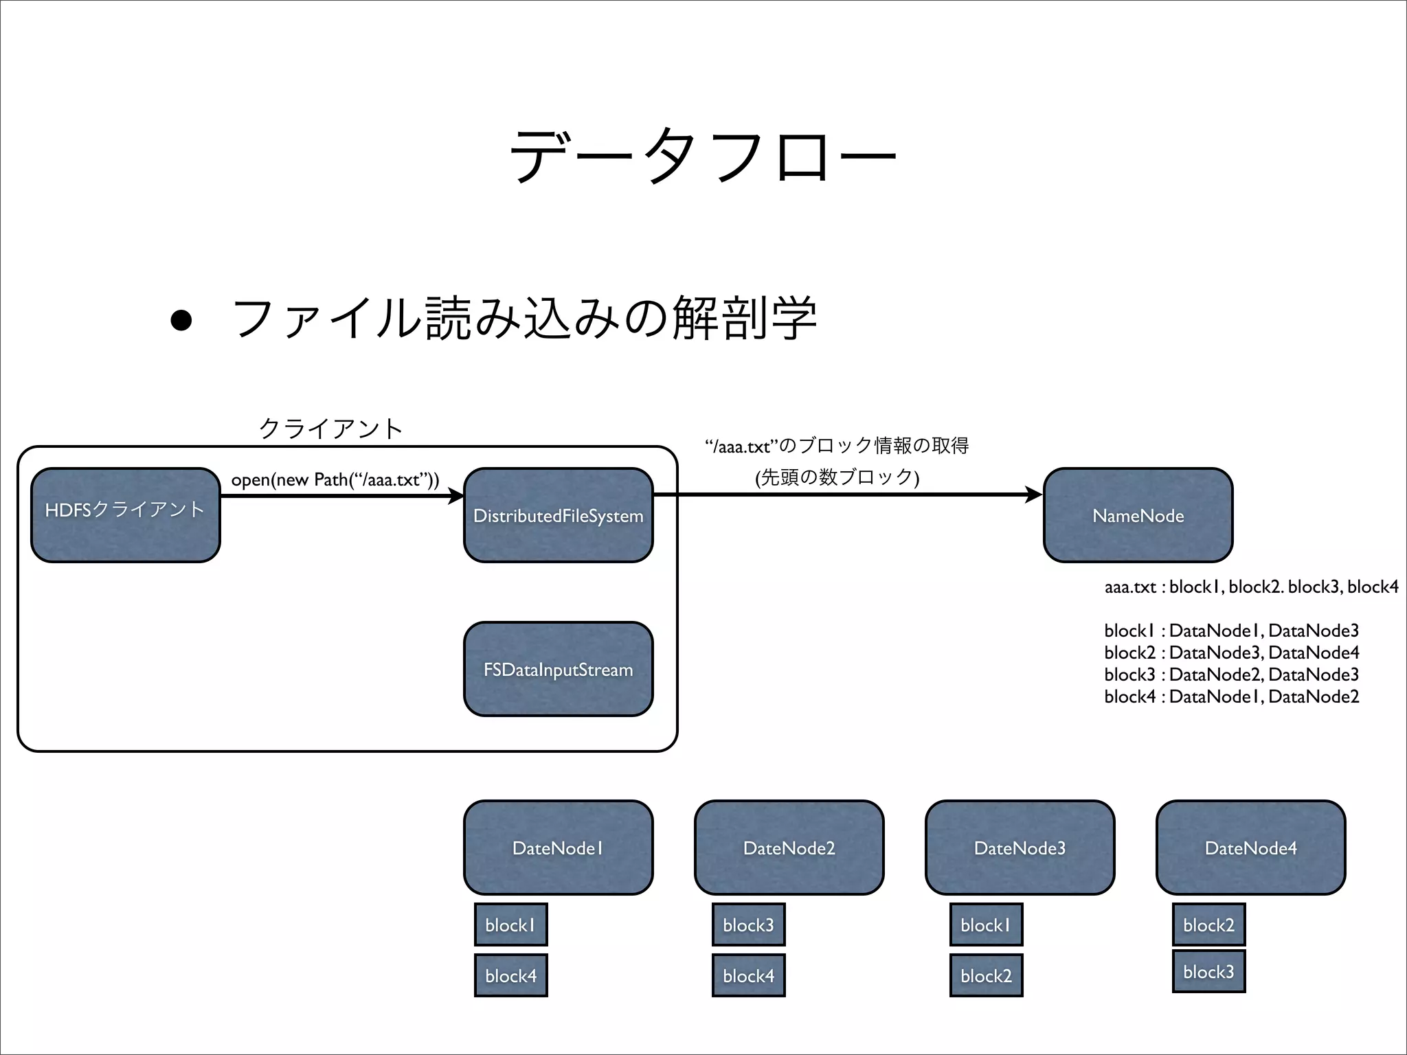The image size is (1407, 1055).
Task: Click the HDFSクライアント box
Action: click(126, 515)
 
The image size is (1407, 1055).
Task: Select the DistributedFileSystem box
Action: click(558, 515)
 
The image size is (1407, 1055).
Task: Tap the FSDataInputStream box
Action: click(558, 669)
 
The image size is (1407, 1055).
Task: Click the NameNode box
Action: click(1138, 515)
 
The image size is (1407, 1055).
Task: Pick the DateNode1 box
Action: click(558, 848)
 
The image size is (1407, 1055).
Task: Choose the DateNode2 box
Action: click(789, 848)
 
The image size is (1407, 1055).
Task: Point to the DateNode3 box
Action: click(1020, 848)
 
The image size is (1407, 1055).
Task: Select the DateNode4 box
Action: click(1250, 848)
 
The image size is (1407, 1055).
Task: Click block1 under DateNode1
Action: click(510, 924)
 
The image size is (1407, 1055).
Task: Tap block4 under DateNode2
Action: click(748, 975)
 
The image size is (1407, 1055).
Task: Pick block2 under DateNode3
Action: click(986, 975)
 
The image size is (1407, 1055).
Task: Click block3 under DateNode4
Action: click(1208, 971)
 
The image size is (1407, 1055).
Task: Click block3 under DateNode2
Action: click(748, 924)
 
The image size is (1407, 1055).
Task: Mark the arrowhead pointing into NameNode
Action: click(1035, 495)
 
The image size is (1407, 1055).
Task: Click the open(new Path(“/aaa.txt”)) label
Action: click(335, 479)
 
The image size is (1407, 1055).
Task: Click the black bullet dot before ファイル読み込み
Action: click(181, 320)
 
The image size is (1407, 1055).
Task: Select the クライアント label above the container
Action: click(330, 429)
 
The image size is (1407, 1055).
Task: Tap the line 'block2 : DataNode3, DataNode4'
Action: click(1231, 653)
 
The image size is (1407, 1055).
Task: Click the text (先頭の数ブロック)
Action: click(837, 477)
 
